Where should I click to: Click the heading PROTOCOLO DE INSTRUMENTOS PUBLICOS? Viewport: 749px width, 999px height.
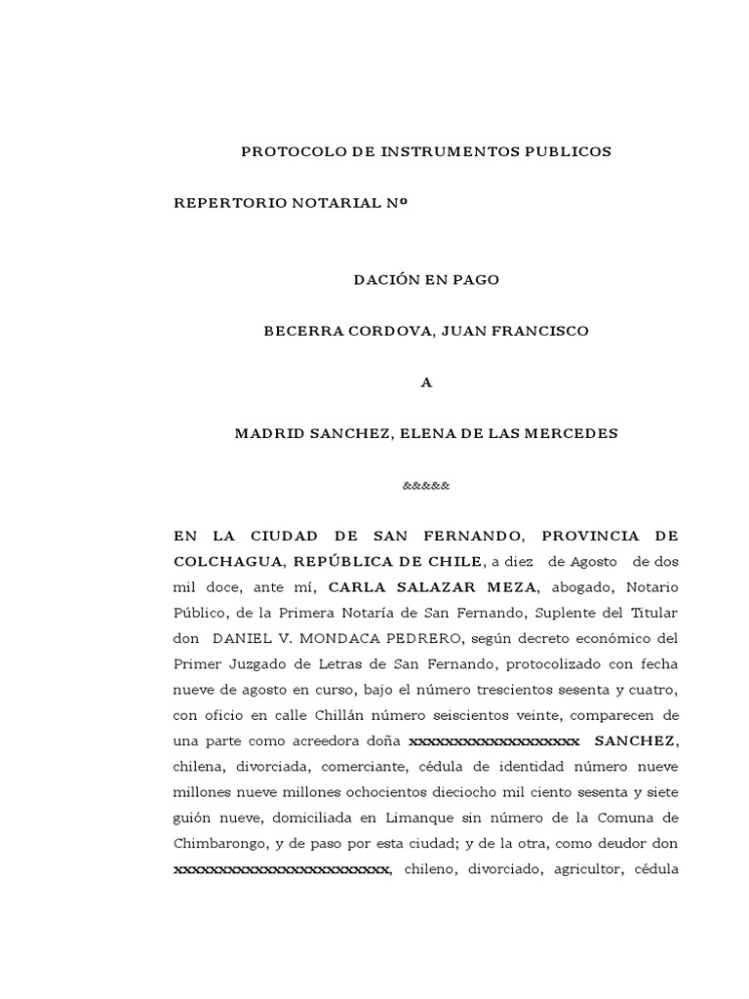pyautogui.click(x=425, y=151)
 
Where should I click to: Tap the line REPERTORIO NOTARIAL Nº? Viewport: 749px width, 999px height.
pyautogui.click(x=290, y=203)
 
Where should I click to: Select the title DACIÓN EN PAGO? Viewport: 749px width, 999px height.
pyautogui.click(x=425, y=280)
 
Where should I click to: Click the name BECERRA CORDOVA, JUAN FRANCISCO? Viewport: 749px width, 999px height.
pyautogui.click(x=425, y=331)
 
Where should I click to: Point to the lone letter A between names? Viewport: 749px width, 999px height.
pyautogui.click(x=425, y=382)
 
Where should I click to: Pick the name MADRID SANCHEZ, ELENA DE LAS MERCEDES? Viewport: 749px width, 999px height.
pyautogui.click(x=425, y=433)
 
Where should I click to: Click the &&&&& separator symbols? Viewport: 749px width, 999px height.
pyautogui.click(x=425, y=485)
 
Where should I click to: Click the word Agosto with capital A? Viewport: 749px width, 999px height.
pyautogui.click(x=589, y=562)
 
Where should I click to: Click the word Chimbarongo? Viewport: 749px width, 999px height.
pyautogui.click(x=221, y=843)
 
